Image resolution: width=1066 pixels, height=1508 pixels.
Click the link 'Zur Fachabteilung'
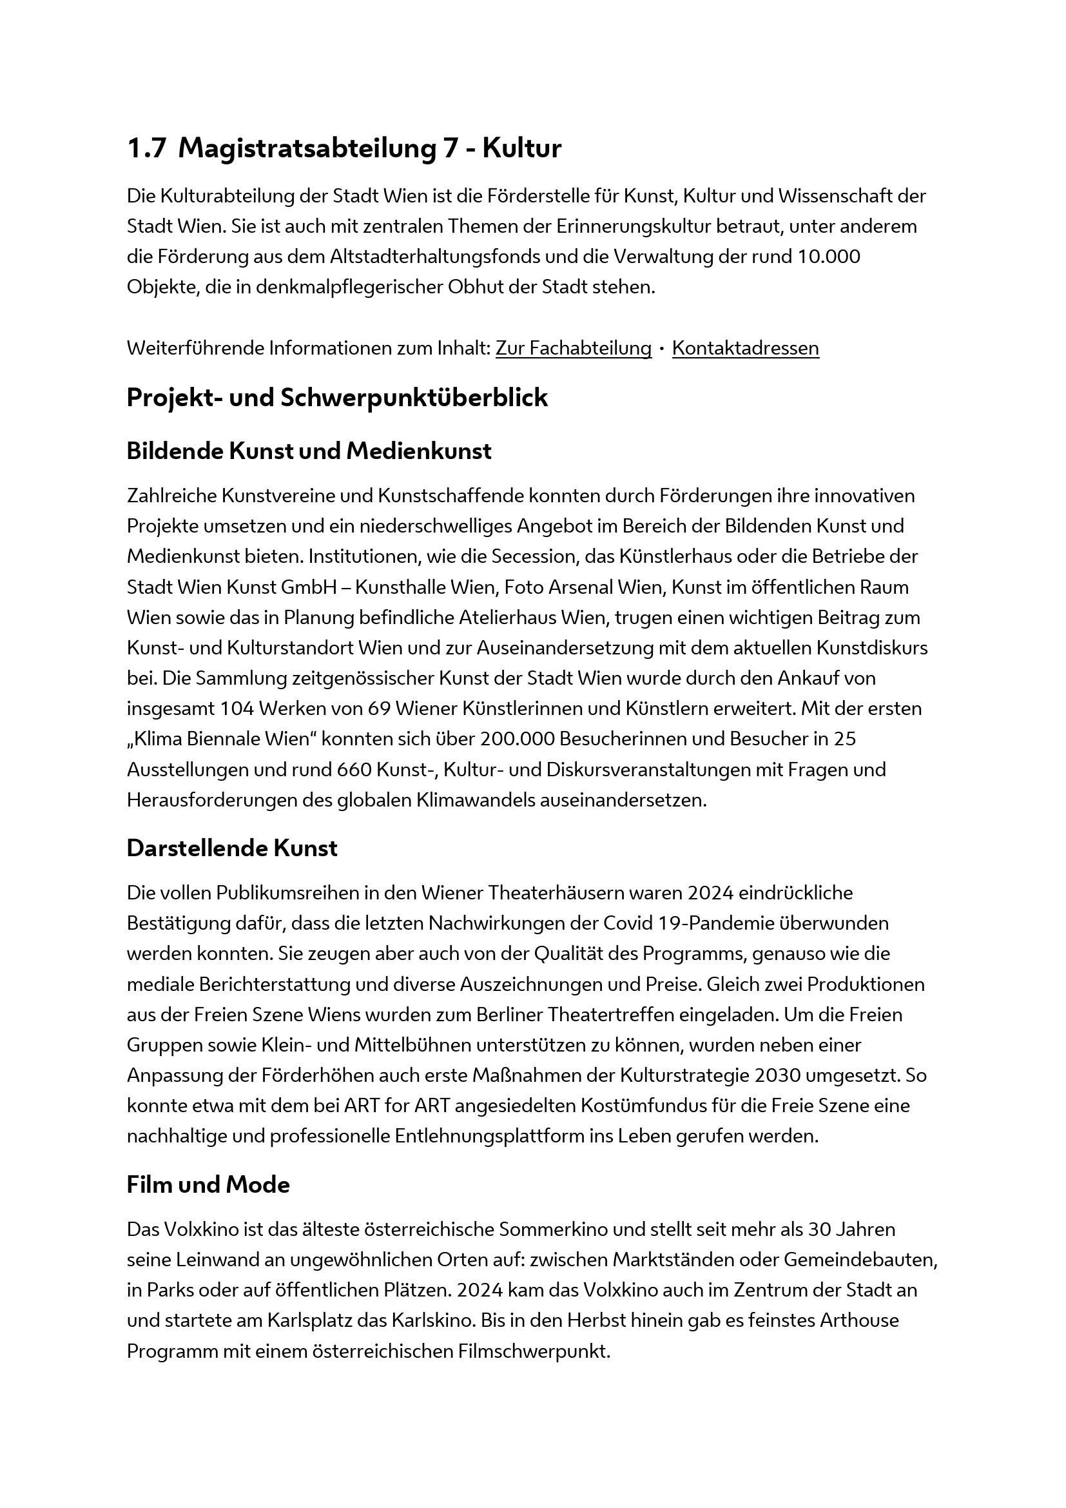tap(573, 348)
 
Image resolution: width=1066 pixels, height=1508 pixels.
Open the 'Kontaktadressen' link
tap(745, 348)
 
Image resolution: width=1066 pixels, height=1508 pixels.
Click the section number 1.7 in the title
tap(146, 148)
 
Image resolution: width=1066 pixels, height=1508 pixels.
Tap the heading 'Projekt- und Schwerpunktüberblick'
tap(336, 398)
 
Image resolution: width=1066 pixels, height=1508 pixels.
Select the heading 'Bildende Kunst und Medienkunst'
tap(309, 451)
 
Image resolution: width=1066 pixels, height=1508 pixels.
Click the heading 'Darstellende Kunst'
tap(232, 848)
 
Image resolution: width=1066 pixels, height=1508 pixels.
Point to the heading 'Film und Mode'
tap(208, 1185)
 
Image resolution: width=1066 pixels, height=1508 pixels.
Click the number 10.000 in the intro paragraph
tap(828, 257)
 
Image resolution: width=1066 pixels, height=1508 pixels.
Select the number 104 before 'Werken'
tap(237, 709)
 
